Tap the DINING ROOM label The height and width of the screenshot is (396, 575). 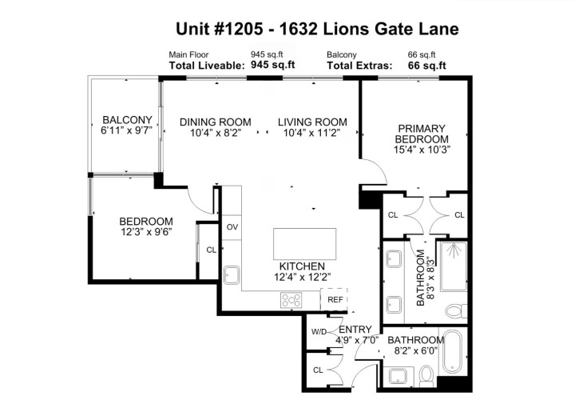pyautogui.click(x=215, y=122)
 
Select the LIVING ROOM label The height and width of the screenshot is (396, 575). pyautogui.click(x=312, y=122)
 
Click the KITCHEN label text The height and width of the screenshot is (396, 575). pyautogui.click(x=301, y=266)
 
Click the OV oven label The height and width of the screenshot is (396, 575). pyautogui.click(x=232, y=227)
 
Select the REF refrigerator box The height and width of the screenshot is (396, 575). pyautogui.click(x=335, y=300)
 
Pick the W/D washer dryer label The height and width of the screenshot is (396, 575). pyautogui.click(x=318, y=331)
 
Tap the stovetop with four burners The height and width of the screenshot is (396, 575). pyautogui.click(x=291, y=301)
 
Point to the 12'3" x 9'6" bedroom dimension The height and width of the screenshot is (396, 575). pyautogui.click(x=146, y=233)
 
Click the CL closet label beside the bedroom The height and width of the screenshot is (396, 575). pyautogui.click(x=211, y=250)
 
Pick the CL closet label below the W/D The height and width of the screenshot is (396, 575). pyautogui.click(x=318, y=370)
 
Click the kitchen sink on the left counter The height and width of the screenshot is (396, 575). pyautogui.click(x=232, y=275)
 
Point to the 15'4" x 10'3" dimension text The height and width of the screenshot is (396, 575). pyautogui.click(x=422, y=147)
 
